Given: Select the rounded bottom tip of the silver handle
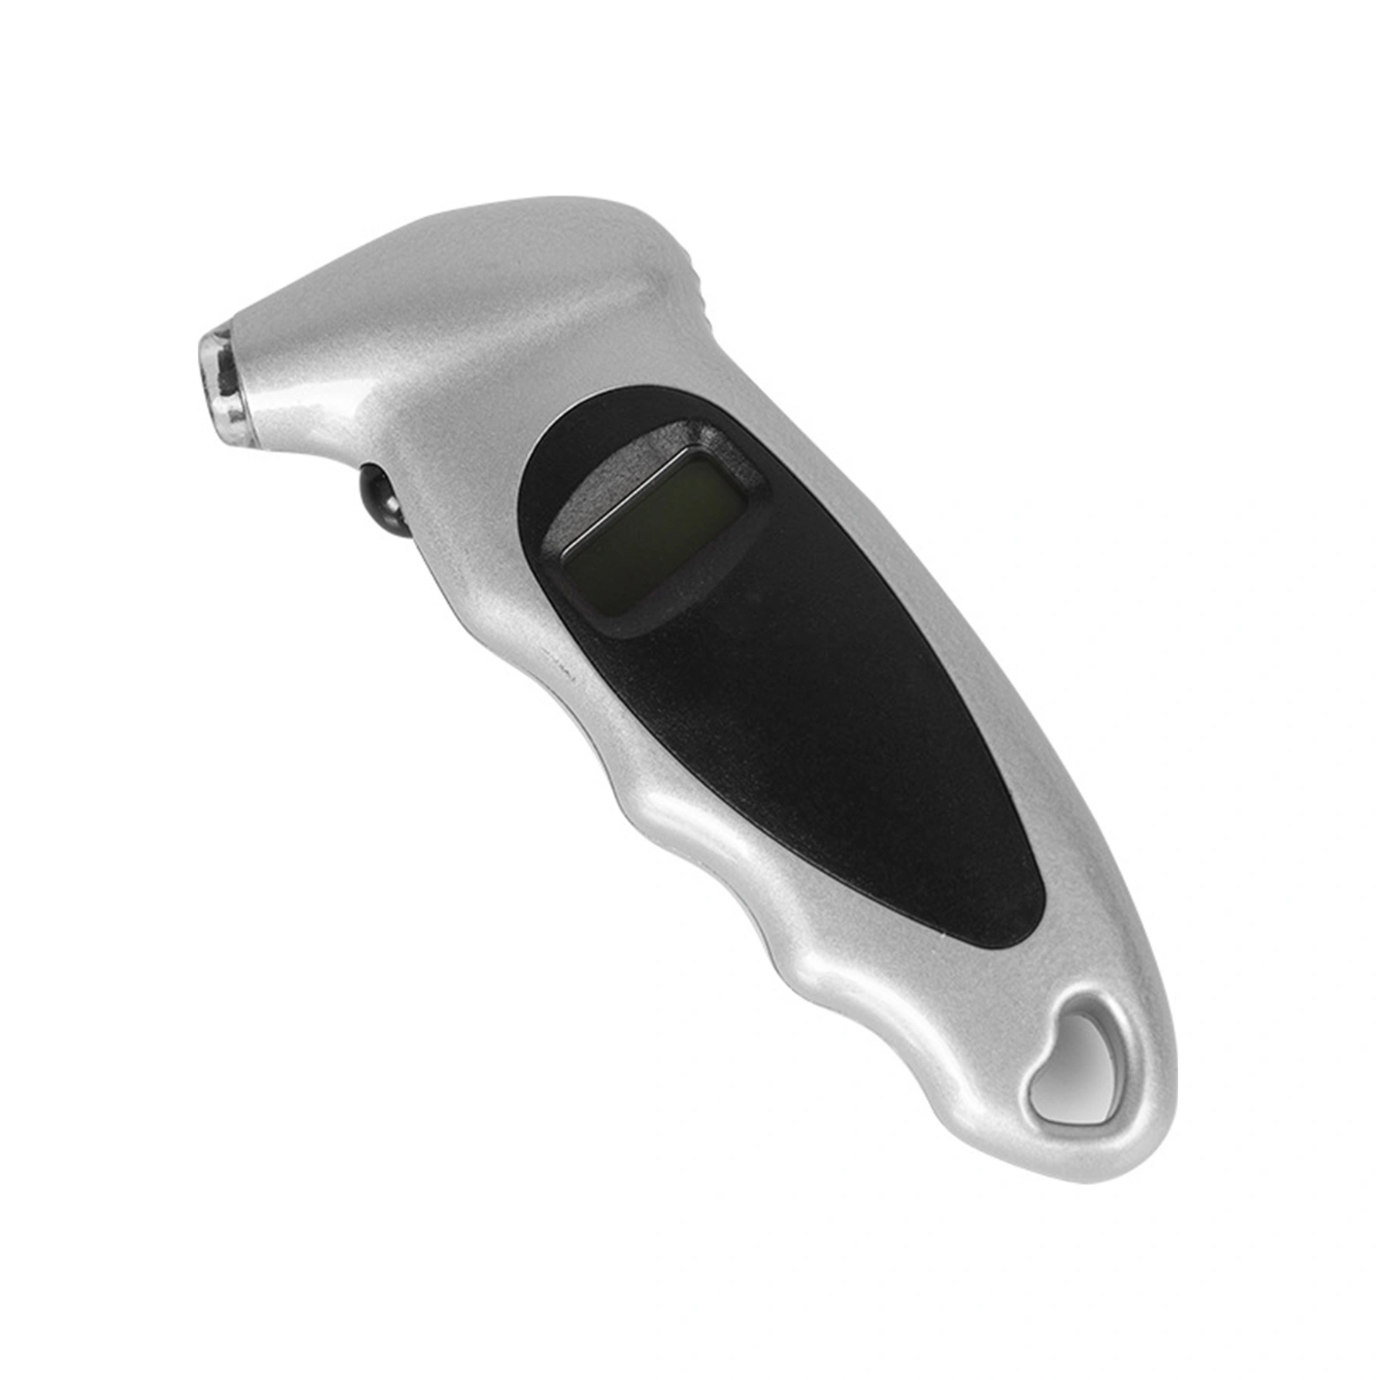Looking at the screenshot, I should (1113, 1159).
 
